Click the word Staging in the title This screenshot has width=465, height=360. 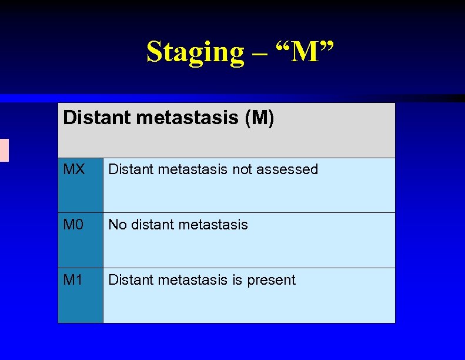pos(195,52)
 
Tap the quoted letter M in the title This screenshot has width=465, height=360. pos(303,52)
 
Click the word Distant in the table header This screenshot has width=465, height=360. pos(96,118)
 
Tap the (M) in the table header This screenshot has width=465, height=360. pos(259,118)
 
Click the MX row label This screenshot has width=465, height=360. pos(73,169)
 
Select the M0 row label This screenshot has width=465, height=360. pos(73,225)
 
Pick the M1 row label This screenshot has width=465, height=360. pos(73,280)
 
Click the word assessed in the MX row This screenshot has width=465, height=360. pos(287,169)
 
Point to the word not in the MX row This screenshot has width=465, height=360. pos(243,169)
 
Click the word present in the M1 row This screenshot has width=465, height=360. pos(271,281)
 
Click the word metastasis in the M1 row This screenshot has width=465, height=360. pos(192,280)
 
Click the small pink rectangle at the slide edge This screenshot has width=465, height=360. pos(4,150)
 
